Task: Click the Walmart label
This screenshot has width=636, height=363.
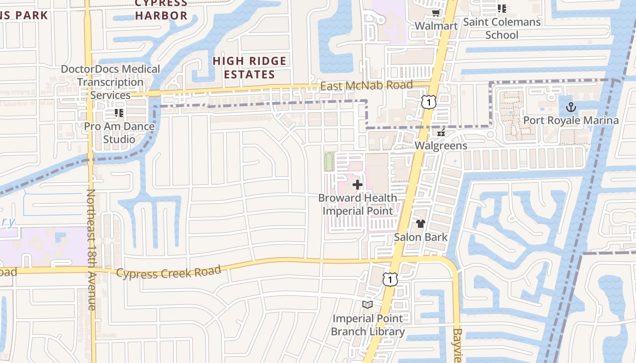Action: click(436, 26)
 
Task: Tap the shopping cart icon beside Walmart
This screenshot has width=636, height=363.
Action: click(436, 13)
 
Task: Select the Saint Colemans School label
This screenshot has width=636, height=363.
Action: click(502, 28)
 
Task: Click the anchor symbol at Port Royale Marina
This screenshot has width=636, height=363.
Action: click(571, 108)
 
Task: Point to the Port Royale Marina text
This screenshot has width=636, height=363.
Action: click(571, 120)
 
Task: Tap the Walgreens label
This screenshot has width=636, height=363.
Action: click(441, 146)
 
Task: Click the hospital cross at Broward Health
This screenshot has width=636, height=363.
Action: click(358, 185)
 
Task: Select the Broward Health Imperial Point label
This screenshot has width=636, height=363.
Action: click(358, 204)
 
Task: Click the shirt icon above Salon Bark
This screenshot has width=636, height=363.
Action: click(421, 224)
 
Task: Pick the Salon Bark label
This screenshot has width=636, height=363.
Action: click(421, 237)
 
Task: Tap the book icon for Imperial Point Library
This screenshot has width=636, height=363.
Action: click(368, 304)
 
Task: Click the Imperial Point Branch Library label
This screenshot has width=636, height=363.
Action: click(368, 325)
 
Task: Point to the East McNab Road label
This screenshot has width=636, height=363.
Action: click(366, 85)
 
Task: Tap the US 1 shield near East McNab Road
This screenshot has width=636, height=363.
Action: click(428, 102)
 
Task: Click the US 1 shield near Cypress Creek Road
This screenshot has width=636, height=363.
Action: click(390, 279)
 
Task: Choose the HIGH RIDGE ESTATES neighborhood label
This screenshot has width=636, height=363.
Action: click(250, 68)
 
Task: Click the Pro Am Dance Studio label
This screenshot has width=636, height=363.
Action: click(119, 132)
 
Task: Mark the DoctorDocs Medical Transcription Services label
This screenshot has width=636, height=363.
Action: click(110, 82)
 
